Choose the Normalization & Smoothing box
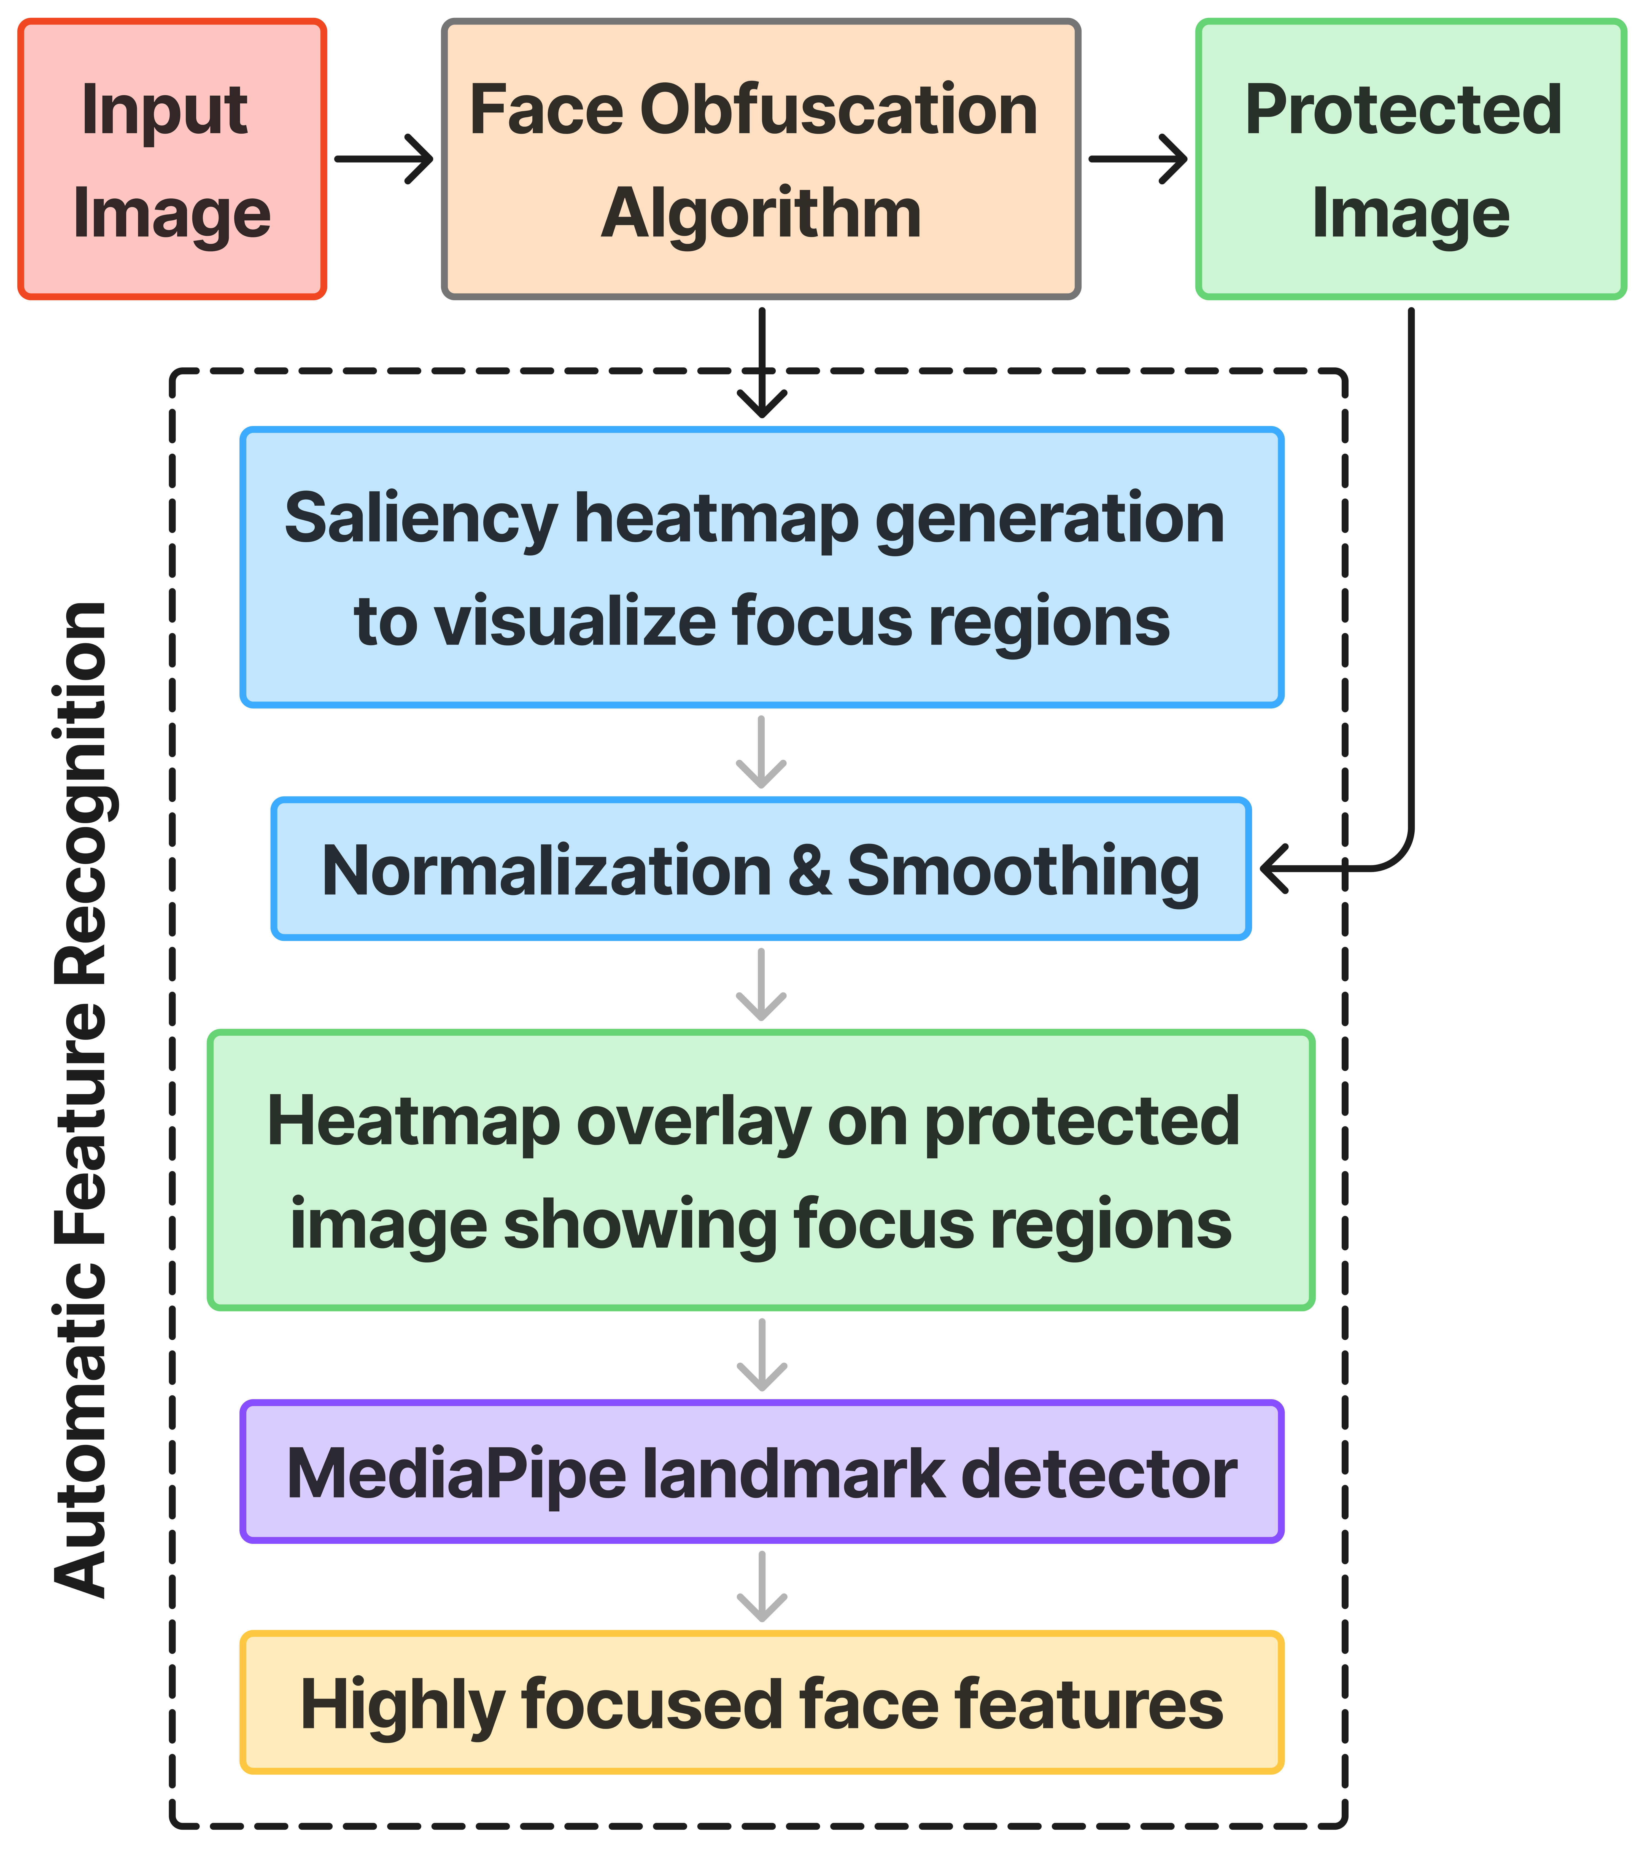click(760, 869)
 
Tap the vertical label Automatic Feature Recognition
click(82, 1098)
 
